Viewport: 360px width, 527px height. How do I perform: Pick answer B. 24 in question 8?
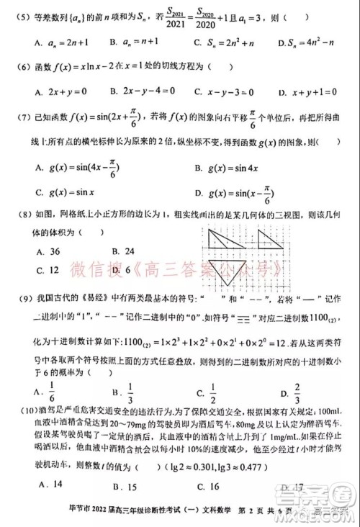point(116,251)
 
